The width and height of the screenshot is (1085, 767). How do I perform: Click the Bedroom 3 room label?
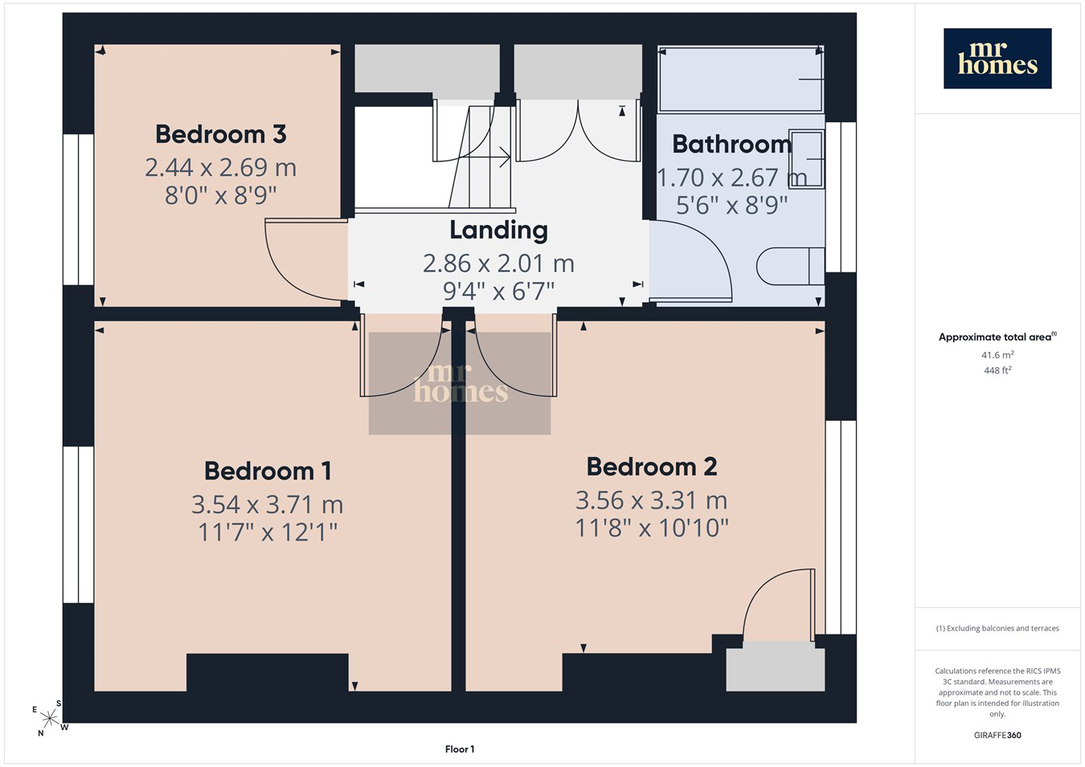(x=221, y=134)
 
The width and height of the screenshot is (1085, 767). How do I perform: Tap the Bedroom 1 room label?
(x=268, y=471)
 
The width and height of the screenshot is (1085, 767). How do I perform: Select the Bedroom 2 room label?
(x=652, y=467)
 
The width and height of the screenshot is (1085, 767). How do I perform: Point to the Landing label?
(x=498, y=231)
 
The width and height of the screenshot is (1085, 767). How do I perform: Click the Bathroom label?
(x=732, y=145)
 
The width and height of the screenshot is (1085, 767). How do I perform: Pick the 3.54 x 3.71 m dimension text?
(x=268, y=504)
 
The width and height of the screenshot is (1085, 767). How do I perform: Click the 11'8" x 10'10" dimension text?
(x=652, y=528)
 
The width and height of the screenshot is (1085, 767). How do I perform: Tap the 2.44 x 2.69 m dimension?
(x=221, y=167)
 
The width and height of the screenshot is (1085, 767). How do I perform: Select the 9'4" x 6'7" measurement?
(x=498, y=292)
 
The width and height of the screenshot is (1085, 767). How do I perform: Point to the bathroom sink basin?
(x=806, y=159)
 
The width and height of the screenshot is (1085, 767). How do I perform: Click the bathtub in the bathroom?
(x=740, y=79)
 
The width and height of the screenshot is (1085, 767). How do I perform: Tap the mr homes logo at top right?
(x=997, y=59)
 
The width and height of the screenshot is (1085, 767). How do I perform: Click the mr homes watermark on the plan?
(x=460, y=383)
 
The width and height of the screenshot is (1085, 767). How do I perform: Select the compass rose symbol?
(x=50, y=718)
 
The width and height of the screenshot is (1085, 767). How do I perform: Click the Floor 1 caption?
(x=460, y=749)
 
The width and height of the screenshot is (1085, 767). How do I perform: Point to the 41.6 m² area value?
(x=997, y=355)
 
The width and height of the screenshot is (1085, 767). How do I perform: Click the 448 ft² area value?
(x=997, y=370)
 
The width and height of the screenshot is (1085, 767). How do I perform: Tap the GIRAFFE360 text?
(x=997, y=735)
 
